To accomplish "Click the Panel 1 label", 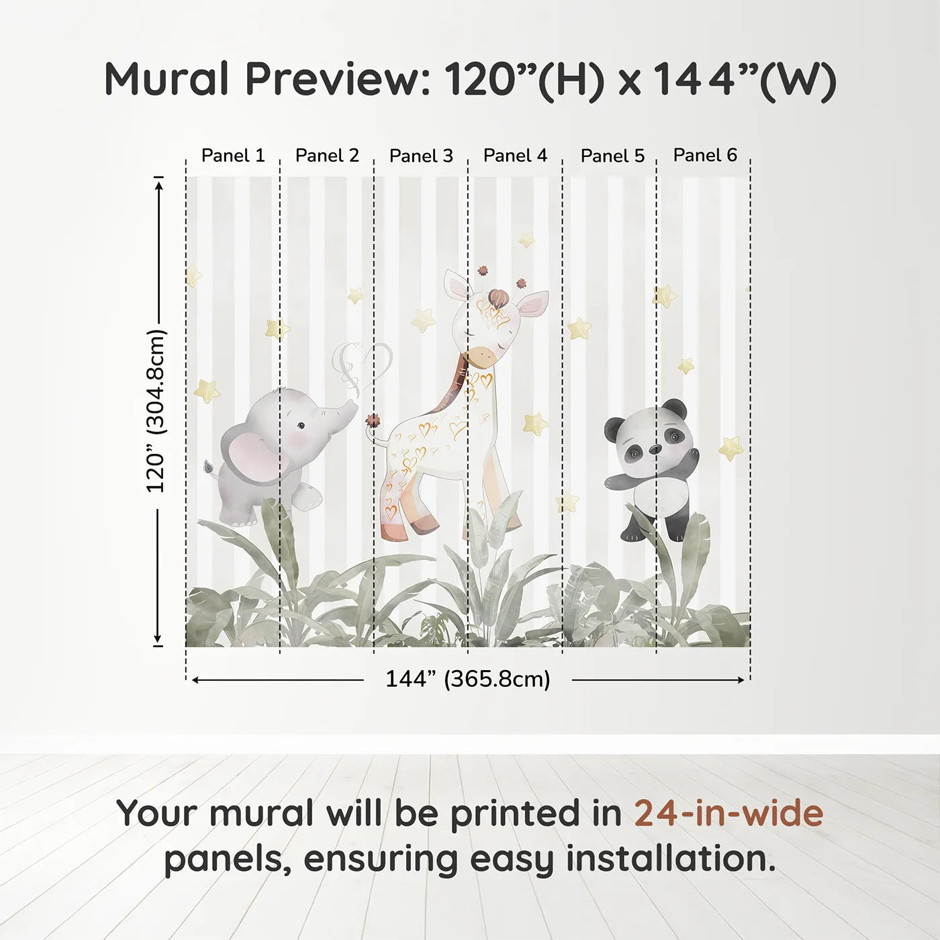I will pos(233,156).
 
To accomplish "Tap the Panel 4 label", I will pos(515,156).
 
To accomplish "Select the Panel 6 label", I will pos(705,155).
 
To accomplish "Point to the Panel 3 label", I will pos(421,156).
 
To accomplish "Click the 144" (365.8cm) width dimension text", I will pos(467,679).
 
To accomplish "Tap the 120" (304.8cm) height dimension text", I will pos(155,411).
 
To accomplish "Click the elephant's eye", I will pos(301,425).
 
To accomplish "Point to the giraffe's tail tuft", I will pos(373,421).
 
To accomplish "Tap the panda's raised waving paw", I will pos(691,458).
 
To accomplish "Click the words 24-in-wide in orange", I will pos(728,813).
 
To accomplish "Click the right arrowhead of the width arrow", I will pos(741,680).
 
